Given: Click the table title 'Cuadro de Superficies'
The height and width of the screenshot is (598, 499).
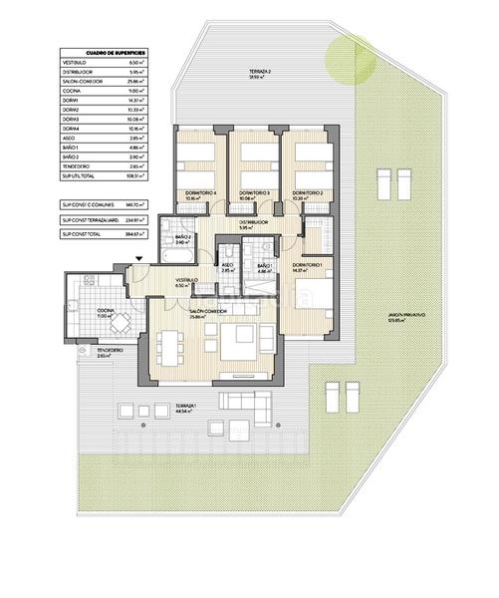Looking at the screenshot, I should (103, 53).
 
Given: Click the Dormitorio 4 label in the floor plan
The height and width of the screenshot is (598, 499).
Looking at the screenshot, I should (201, 191).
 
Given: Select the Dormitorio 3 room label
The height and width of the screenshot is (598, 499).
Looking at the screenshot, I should (256, 191).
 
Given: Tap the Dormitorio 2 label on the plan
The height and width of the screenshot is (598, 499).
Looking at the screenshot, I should (308, 191).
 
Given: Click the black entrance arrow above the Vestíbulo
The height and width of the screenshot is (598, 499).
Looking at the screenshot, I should (139, 259).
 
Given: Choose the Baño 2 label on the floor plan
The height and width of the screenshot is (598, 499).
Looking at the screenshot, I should (182, 237).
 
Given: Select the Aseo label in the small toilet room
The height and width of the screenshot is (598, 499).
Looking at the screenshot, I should (227, 265).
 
